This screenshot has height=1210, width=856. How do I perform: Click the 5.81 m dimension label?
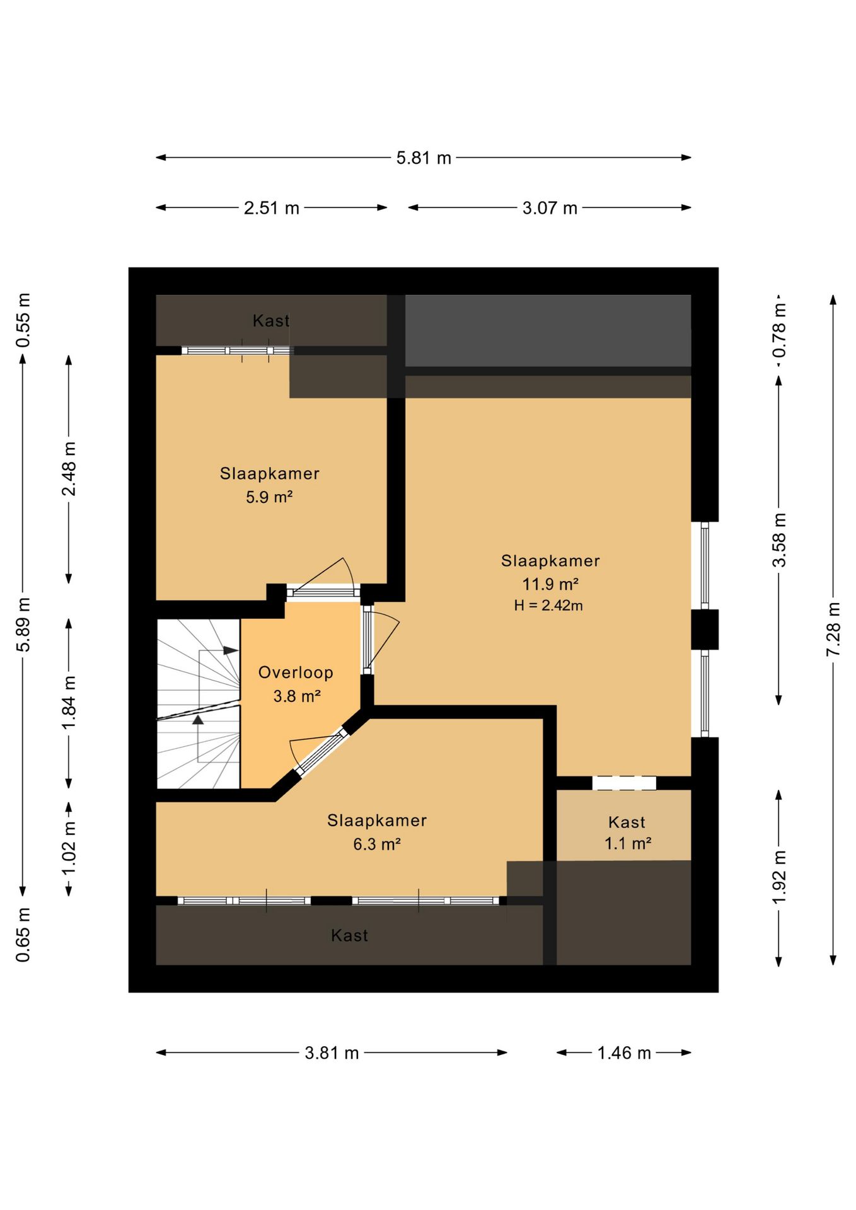click(x=424, y=158)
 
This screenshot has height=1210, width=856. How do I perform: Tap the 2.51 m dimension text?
click(x=272, y=208)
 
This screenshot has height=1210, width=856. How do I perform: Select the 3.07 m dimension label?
click(x=550, y=208)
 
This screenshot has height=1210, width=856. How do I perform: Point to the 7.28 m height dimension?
click(x=833, y=629)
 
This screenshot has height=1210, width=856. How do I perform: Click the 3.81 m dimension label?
click(x=332, y=1053)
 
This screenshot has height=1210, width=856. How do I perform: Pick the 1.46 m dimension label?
click(x=624, y=1053)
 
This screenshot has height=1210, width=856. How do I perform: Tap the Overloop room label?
click(x=296, y=672)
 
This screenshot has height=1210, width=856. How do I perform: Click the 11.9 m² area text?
click(x=550, y=584)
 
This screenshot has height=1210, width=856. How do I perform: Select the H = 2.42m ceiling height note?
click(x=548, y=606)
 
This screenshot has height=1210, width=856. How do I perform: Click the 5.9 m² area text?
click(x=269, y=497)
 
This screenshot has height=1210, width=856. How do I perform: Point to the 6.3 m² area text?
click(x=377, y=844)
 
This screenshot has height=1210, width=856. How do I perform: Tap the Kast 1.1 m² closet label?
click(x=627, y=833)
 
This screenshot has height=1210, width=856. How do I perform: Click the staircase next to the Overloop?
click(x=199, y=704)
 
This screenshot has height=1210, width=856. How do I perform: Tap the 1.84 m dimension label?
click(x=69, y=703)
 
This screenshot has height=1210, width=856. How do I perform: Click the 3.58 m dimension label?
click(x=779, y=540)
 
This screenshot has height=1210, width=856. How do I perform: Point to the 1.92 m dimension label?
click(x=779, y=877)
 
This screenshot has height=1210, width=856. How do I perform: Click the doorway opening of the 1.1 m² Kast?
click(x=624, y=783)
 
